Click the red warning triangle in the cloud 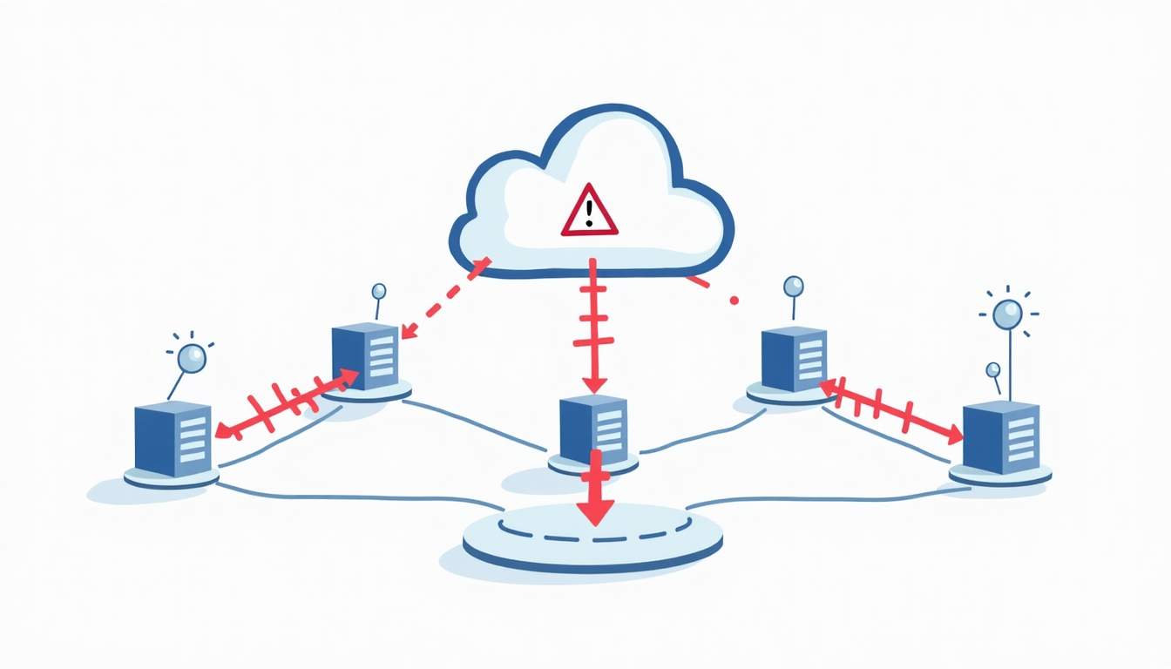pyautogui.click(x=589, y=212)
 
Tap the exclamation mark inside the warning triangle pyautogui.click(x=590, y=213)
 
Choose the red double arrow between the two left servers pyautogui.click(x=288, y=402)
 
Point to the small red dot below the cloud pyautogui.click(x=734, y=301)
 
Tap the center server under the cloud pyautogui.click(x=593, y=428)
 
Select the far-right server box pyautogui.click(x=1000, y=436)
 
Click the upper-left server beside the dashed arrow pyautogui.click(x=366, y=358)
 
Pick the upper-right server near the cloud pyautogui.click(x=793, y=359)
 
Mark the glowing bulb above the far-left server pyautogui.click(x=191, y=356)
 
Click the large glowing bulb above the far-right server pyautogui.click(x=1008, y=313)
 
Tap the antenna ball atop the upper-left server pyautogui.click(x=378, y=291)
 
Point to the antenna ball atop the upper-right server pyautogui.click(x=793, y=285)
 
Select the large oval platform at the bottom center pyautogui.click(x=592, y=540)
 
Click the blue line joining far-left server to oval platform pyautogui.click(x=349, y=497)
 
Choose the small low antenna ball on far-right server pyautogui.click(x=992, y=370)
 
